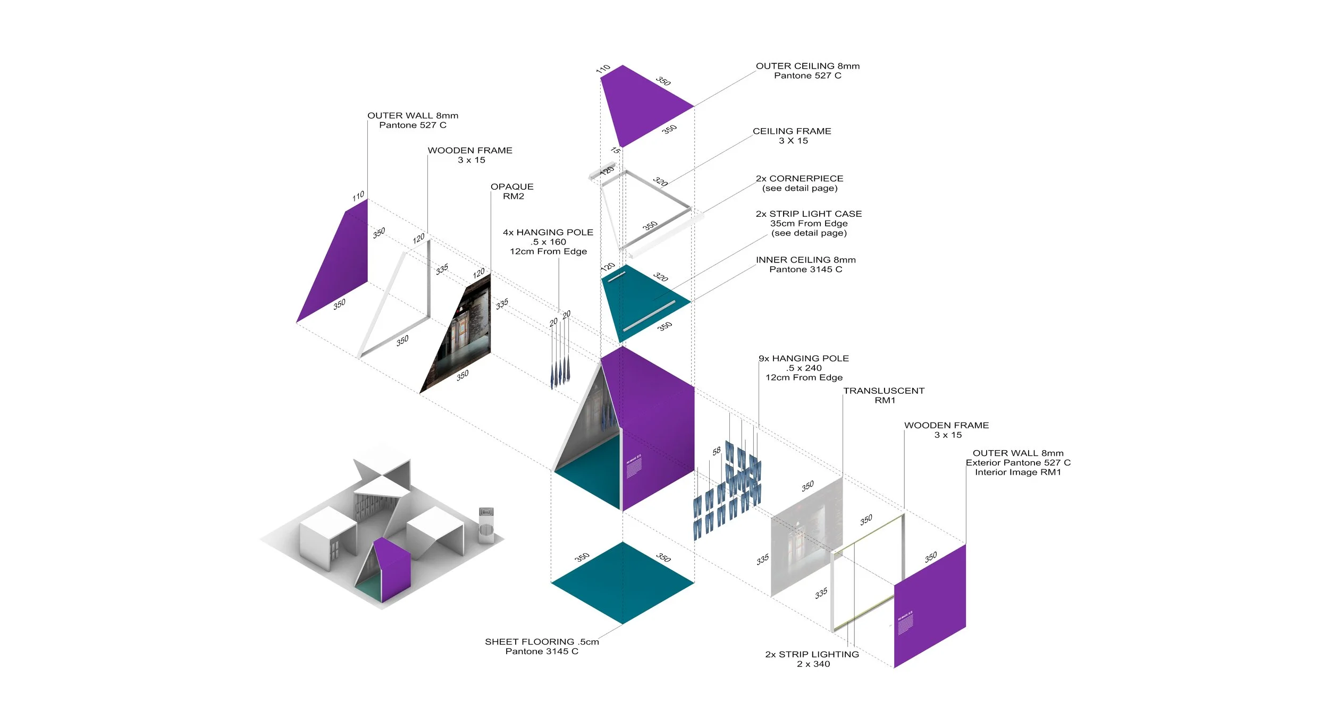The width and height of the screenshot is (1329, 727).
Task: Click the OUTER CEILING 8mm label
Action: click(808, 71)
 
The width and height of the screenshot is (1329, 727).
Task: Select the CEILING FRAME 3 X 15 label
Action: click(792, 136)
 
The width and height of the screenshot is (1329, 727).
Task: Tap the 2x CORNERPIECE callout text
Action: click(800, 183)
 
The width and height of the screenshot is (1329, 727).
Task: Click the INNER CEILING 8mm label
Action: click(806, 265)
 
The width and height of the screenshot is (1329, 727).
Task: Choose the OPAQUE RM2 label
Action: click(512, 191)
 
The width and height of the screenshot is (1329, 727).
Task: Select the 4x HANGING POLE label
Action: click(548, 242)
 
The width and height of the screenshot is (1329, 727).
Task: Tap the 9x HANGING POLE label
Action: click(804, 368)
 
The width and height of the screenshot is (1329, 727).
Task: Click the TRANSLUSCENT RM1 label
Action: click(884, 395)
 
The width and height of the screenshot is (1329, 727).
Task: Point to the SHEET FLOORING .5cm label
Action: click(542, 646)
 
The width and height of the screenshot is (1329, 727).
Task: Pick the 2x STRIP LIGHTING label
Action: click(812, 659)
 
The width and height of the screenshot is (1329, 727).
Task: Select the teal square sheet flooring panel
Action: click(623, 582)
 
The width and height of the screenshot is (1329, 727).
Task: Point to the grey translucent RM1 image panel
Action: click(806, 537)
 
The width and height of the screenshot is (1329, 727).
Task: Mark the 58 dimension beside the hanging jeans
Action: click(717, 451)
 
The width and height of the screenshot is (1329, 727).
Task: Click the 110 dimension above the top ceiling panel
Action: click(603, 69)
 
